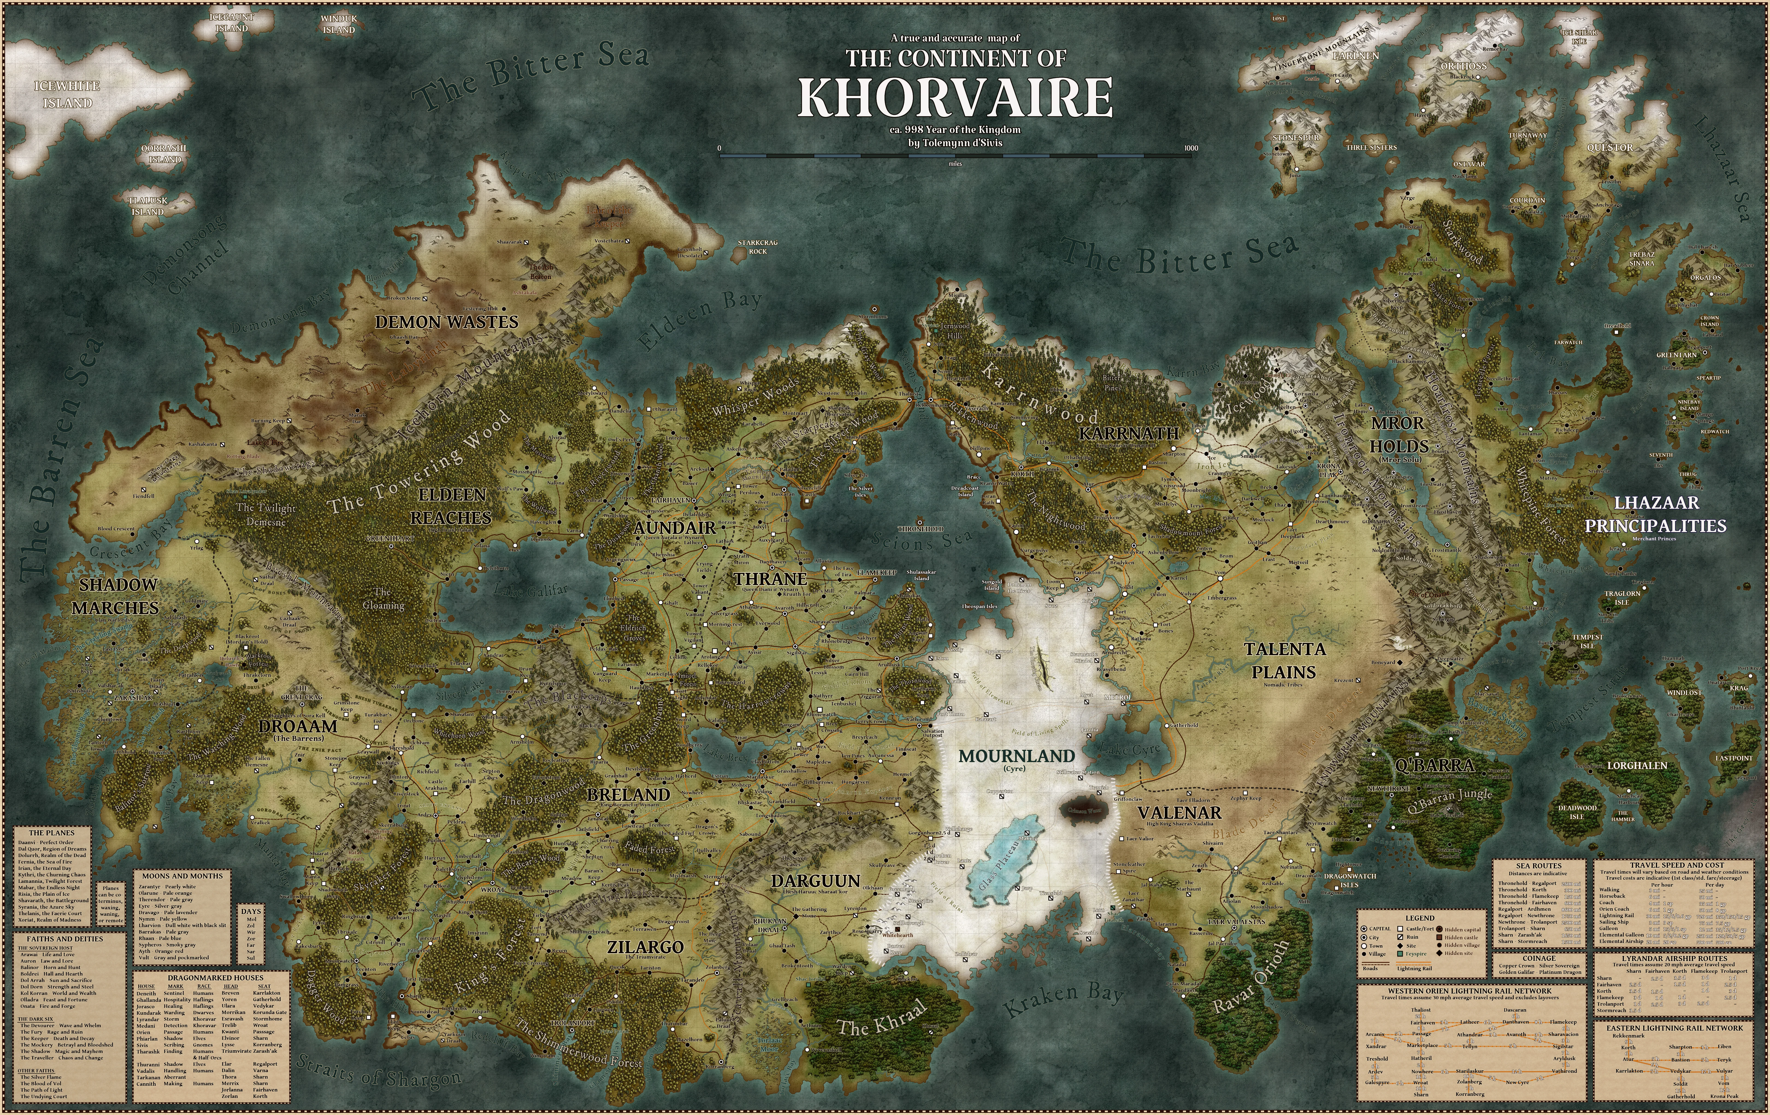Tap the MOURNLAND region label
click(1017, 756)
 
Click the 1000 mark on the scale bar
click(1191, 148)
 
